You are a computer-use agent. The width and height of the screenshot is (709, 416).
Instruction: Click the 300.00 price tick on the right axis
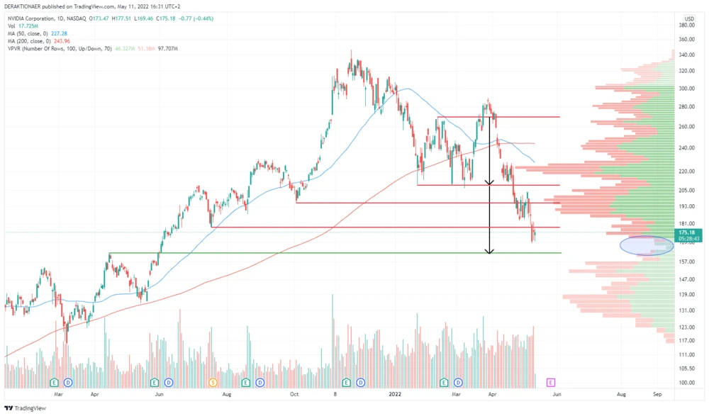click(686, 89)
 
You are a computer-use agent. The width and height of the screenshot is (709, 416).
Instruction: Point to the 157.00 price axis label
click(686, 262)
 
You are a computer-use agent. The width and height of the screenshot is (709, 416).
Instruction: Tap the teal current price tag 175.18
click(686, 232)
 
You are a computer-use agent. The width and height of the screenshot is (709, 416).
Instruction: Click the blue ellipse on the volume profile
click(647, 245)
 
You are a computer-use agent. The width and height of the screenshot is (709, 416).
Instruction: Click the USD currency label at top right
click(688, 18)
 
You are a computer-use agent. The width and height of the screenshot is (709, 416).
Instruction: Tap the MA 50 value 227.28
click(60, 32)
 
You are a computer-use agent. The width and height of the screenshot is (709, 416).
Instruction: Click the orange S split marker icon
click(213, 382)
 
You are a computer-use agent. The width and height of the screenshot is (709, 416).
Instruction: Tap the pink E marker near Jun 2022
click(551, 382)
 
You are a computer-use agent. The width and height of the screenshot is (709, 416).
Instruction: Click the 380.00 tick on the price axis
click(686, 25)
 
